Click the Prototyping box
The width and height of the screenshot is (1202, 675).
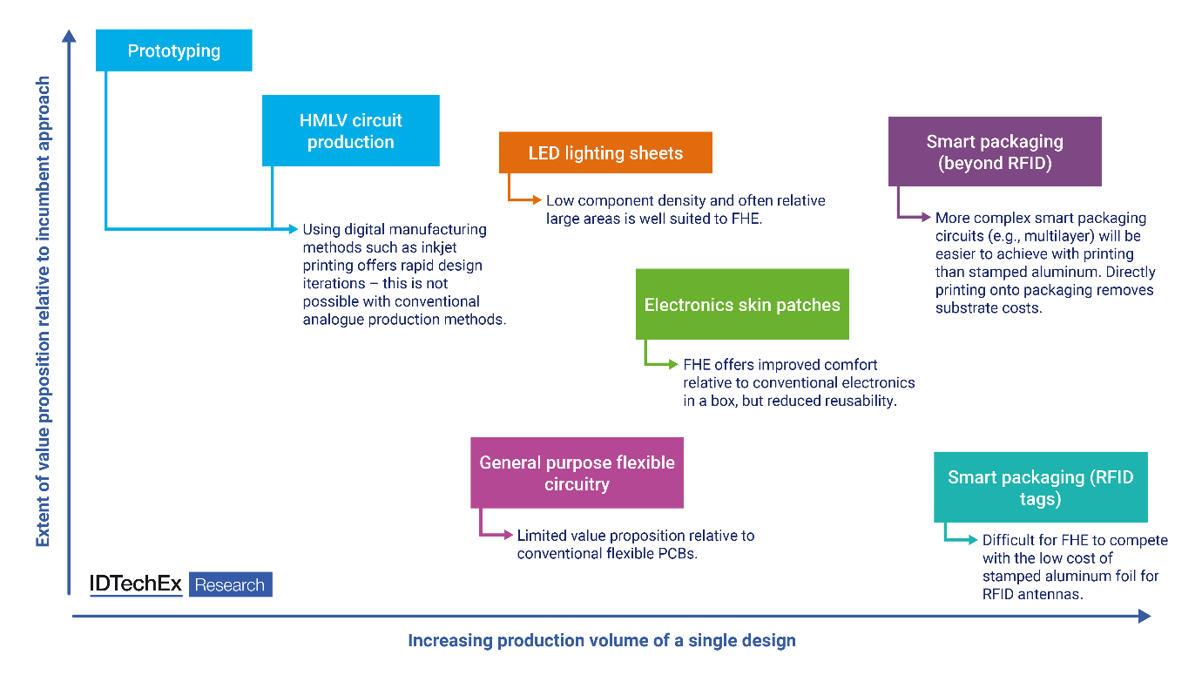pos(174,51)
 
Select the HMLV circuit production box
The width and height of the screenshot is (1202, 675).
pos(351,131)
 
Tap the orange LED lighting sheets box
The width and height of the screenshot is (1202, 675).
pos(605,153)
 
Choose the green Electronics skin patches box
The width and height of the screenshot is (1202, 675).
pos(742,305)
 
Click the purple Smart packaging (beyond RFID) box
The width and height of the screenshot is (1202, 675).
pos(995,152)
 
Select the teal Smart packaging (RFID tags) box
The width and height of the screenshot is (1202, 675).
pos(1040,488)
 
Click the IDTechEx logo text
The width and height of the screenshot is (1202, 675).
pos(136,584)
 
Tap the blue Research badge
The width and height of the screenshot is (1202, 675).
pos(230,584)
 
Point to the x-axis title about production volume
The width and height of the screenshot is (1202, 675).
pos(602,641)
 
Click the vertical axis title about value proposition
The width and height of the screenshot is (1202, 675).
pos(43,312)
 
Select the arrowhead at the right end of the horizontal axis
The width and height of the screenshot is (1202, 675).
pos(1144,616)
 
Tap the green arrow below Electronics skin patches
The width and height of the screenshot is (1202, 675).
pos(662,364)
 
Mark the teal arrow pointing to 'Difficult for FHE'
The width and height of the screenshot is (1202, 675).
pos(962,540)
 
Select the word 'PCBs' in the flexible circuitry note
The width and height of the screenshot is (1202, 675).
pos(678,554)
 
